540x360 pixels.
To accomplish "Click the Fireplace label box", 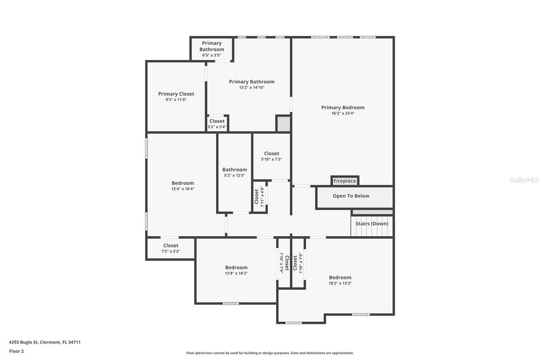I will (345, 181).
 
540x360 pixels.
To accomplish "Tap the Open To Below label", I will (351, 196).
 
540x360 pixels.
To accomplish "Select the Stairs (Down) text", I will (372, 224).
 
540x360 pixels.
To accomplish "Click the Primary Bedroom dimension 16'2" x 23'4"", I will (343, 113).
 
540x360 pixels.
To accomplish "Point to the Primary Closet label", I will (176, 94).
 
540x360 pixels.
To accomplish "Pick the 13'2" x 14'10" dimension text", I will (251, 87).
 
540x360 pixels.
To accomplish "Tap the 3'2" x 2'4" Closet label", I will (217, 124).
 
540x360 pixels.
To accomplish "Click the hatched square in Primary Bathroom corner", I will (283, 124).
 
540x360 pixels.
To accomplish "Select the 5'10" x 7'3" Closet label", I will (271, 156).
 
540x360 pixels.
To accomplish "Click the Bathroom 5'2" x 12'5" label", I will (235, 172).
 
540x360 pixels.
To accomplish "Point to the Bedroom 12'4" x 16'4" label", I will (183, 186).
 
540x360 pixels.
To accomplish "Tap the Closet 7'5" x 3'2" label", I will (170, 248).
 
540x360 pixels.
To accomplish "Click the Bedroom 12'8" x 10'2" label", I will (236, 270).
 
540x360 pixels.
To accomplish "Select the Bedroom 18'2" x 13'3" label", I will (340, 280).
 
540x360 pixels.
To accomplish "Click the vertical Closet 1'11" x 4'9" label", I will (259, 196).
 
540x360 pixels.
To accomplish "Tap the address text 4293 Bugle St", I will (45, 342).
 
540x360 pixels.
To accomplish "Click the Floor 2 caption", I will (16, 351).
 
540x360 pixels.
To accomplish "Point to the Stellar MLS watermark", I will (524, 180).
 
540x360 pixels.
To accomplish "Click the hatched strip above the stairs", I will (373, 212).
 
